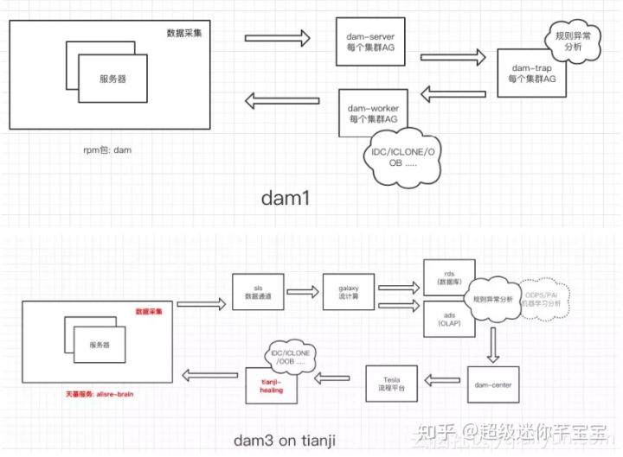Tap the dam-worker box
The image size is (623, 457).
coord(373,112)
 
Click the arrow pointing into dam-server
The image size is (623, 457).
coord(277,38)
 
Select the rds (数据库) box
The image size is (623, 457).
coord(443,275)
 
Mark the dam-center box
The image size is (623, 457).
coord(491,377)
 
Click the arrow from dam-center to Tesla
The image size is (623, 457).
coord(443,378)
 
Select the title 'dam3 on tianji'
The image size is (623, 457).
coord(283,439)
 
